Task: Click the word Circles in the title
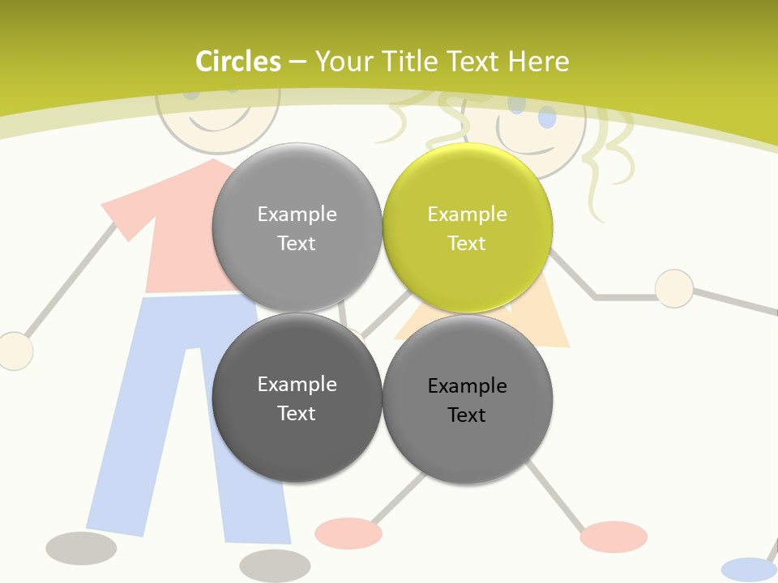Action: click(x=237, y=62)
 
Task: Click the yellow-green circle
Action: click(x=467, y=228)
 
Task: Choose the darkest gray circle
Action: click(x=297, y=398)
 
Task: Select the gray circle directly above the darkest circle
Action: click(x=297, y=228)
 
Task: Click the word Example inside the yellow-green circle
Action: click(x=467, y=214)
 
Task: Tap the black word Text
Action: click(x=467, y=415)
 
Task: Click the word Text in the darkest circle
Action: click(x=297, y=413)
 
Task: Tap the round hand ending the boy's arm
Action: click(x=15, y=351)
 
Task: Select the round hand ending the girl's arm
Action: click(x=673, y=288)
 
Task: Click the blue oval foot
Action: click(x=748, y=569)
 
